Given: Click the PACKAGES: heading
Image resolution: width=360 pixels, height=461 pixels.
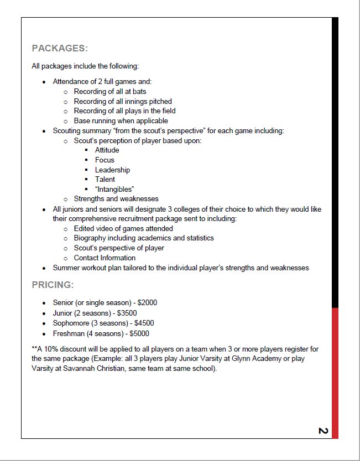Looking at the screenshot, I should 60,48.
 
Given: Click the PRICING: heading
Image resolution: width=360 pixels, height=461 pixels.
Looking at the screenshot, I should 53,285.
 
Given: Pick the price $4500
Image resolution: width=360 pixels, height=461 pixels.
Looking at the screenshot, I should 142,323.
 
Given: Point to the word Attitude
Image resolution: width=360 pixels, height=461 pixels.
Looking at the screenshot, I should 107,150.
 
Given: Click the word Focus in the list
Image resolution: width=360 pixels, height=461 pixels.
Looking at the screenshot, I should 105,160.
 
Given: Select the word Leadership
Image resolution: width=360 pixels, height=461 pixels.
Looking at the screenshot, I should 112,170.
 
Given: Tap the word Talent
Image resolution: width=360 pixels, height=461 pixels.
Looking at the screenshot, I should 105,179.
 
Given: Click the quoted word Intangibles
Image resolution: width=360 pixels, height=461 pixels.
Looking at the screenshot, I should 114,189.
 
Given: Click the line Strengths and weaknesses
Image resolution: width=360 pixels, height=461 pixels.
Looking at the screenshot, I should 116,198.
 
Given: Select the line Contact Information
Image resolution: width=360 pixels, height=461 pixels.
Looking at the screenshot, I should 105,258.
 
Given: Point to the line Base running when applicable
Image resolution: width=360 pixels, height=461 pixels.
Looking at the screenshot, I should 121,121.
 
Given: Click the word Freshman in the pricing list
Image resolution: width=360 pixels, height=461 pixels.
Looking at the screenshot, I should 69,333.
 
